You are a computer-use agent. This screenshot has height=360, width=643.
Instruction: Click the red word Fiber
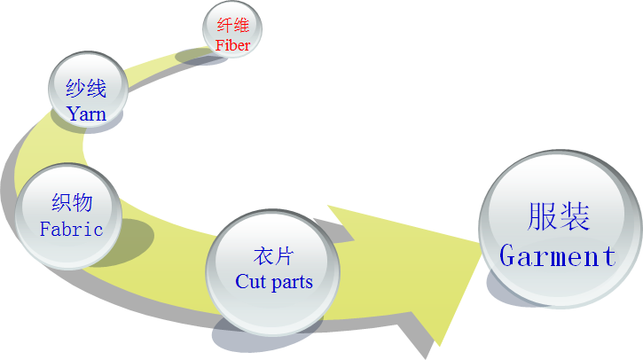(232, 44)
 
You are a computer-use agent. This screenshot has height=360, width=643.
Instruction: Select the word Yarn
(86, 113)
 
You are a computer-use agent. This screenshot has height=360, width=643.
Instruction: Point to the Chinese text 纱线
(86, 90)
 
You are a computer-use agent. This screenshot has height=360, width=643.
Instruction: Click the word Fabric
(71, 229)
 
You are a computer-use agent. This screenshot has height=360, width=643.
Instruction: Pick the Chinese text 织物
(71, 202)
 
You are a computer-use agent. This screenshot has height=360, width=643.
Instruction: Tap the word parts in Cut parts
(292, 283)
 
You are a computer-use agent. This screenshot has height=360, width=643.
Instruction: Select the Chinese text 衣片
(273, 258)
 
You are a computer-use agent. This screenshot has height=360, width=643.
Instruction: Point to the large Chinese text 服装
(558, 217)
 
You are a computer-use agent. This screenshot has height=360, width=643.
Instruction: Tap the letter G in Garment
(509, 256)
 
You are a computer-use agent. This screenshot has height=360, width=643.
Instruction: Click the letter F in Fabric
(45, 229)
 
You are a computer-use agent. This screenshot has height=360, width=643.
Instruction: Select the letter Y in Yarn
(73, 113)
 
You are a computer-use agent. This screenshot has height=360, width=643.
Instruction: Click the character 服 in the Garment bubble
(542, 217)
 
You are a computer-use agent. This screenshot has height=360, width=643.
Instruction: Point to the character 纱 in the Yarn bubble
(75, 90)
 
